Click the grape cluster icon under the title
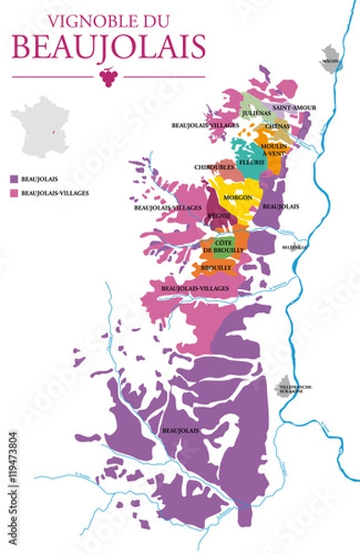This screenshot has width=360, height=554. [108, 77]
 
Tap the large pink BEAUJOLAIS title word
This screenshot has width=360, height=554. [107, 43]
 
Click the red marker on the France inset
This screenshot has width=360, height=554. [52, 135]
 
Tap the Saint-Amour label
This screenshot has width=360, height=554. [294, 108]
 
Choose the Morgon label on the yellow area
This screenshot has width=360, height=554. [237, 198]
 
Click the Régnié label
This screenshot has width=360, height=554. [220, 215]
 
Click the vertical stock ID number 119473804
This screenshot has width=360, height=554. [13, 472]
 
